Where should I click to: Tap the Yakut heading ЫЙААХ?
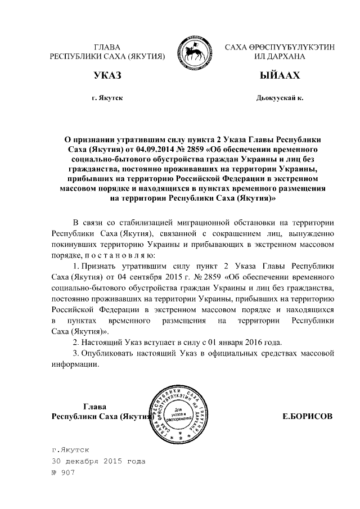280,76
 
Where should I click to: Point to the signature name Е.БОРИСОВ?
307,416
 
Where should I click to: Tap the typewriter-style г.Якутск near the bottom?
70,450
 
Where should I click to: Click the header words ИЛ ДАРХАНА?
280,57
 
